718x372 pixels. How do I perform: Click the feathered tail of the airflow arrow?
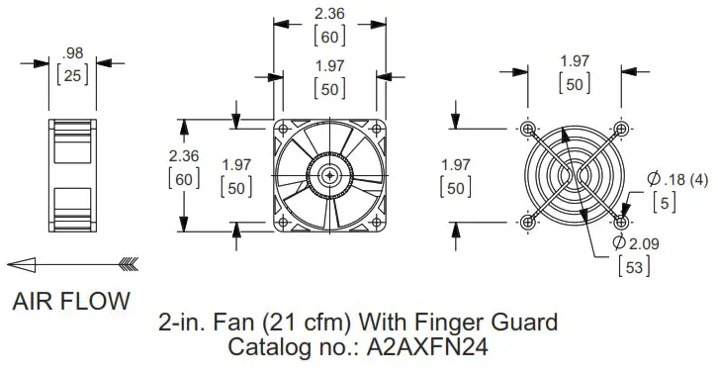click(x=128, y=263)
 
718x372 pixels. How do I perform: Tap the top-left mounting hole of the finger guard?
click(x=528, y=129)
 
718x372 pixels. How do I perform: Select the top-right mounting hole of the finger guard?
click(x=622, y=129)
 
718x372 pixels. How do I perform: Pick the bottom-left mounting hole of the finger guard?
click(x=528, y=221)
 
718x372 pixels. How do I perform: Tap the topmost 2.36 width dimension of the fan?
click(x=329, y=15)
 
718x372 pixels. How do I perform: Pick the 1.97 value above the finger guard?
click(x=575, y=61)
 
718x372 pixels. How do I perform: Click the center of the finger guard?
click(x=576, y=175)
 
